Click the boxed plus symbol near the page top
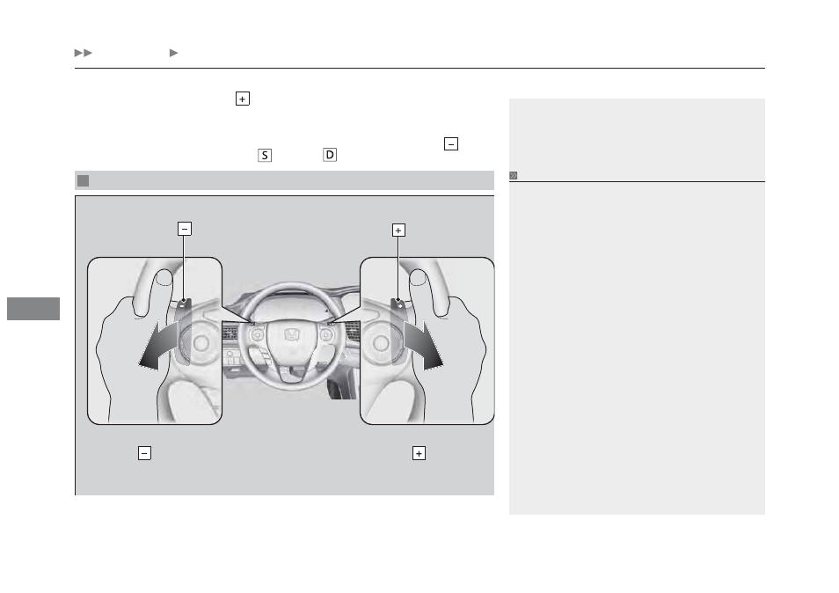[x=243, y=99]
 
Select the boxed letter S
[x=265, y=155]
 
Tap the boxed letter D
[x=330, y=155]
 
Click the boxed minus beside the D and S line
[x=451, y=144]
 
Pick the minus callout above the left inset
[x=185, y=229]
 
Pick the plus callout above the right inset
[x=398, y=231]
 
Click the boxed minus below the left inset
[x=144, y=453]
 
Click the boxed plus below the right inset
[x=419, y=453]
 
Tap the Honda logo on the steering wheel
[x=292, y=335]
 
